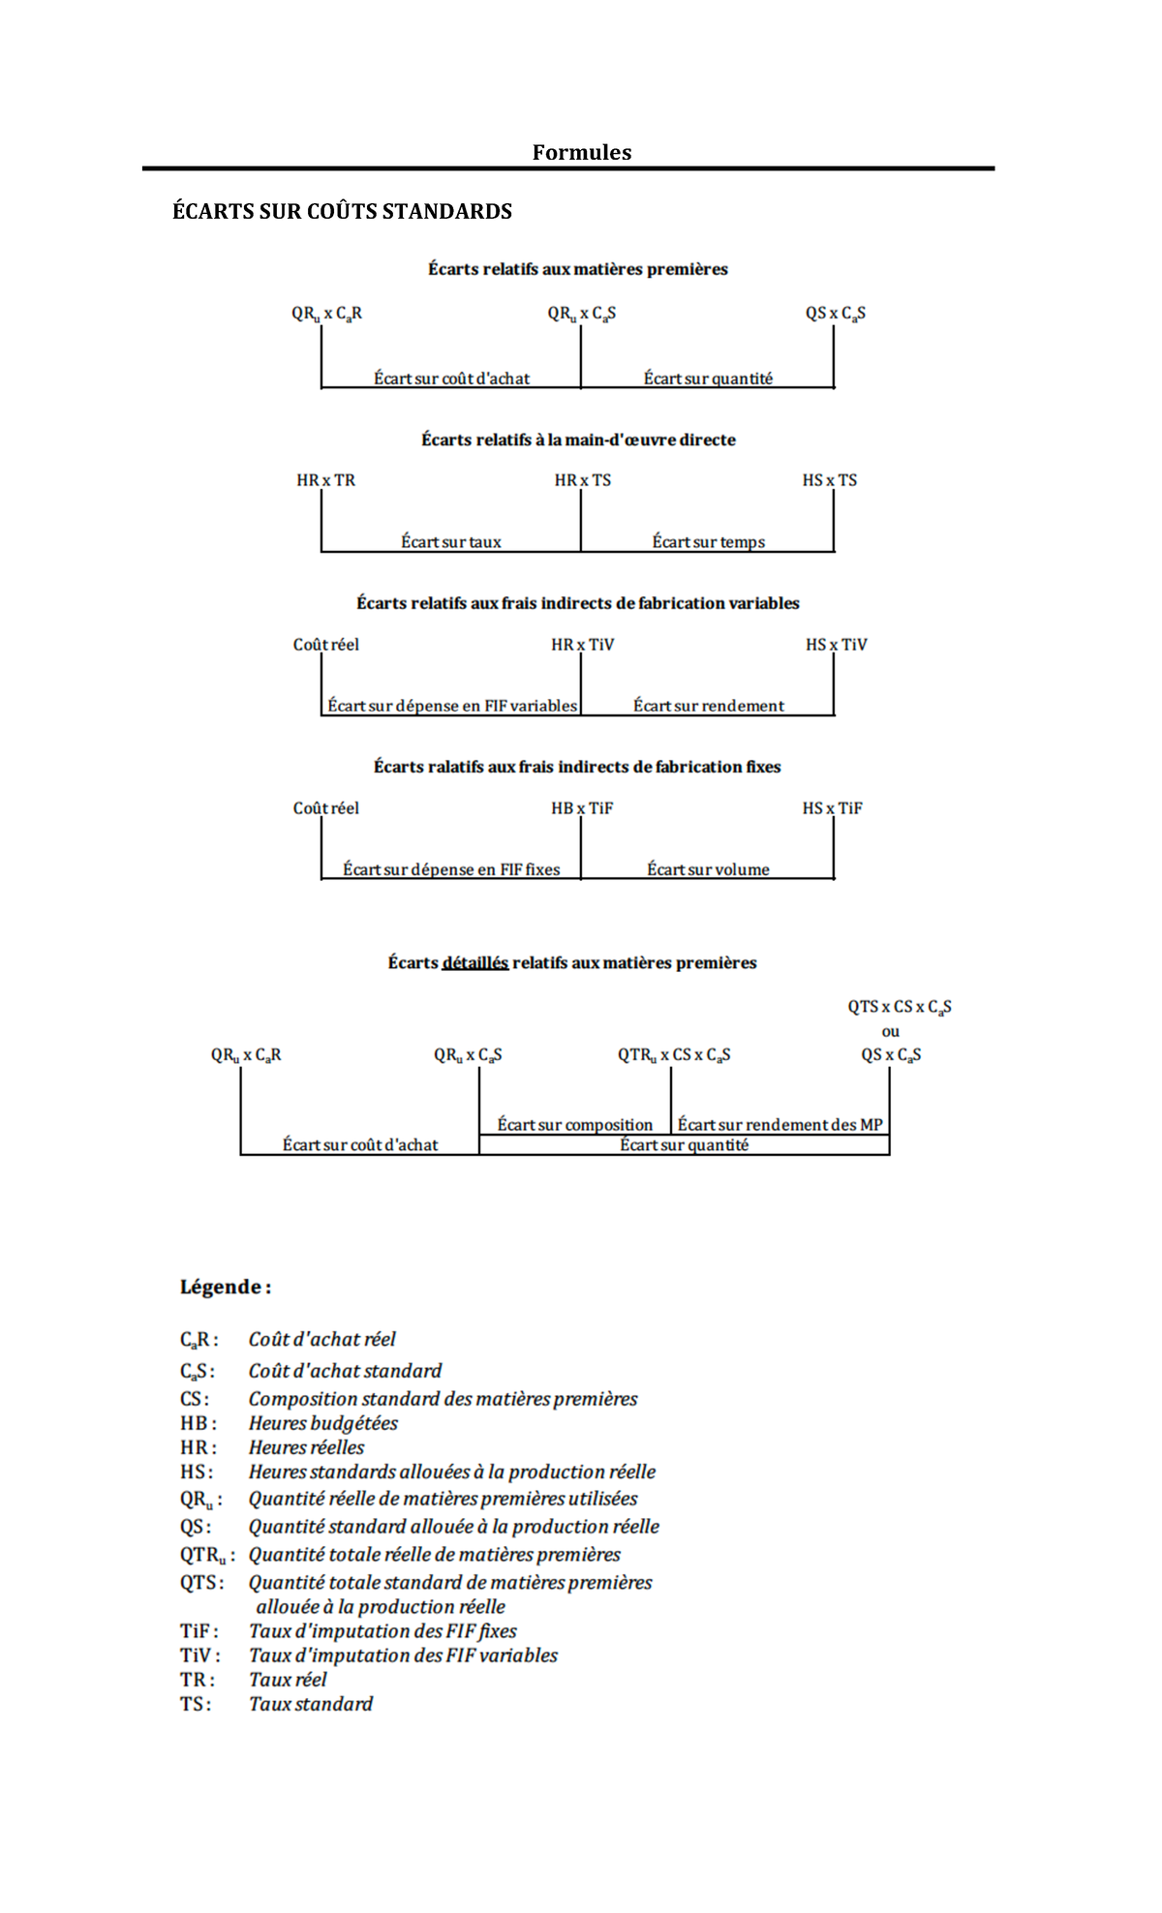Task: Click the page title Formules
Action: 581,152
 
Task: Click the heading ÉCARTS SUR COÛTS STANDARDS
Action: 342,211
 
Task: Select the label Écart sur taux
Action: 451,542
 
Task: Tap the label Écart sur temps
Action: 708,542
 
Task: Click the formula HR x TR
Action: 325,480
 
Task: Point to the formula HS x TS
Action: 829,480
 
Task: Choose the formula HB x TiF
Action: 582,808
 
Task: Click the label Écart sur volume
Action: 708,869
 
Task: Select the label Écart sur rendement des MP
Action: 780,1125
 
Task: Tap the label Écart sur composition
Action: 574,1125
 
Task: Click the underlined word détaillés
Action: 474,963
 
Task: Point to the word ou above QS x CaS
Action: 890,1032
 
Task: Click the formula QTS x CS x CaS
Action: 899,1007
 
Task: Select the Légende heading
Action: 225,1287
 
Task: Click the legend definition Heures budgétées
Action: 322,1423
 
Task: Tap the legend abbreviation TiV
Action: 198,1655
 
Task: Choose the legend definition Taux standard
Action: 310,1704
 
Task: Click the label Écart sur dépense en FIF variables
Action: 451,706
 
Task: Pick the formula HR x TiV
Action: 582,645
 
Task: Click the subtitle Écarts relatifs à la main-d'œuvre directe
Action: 578,440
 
